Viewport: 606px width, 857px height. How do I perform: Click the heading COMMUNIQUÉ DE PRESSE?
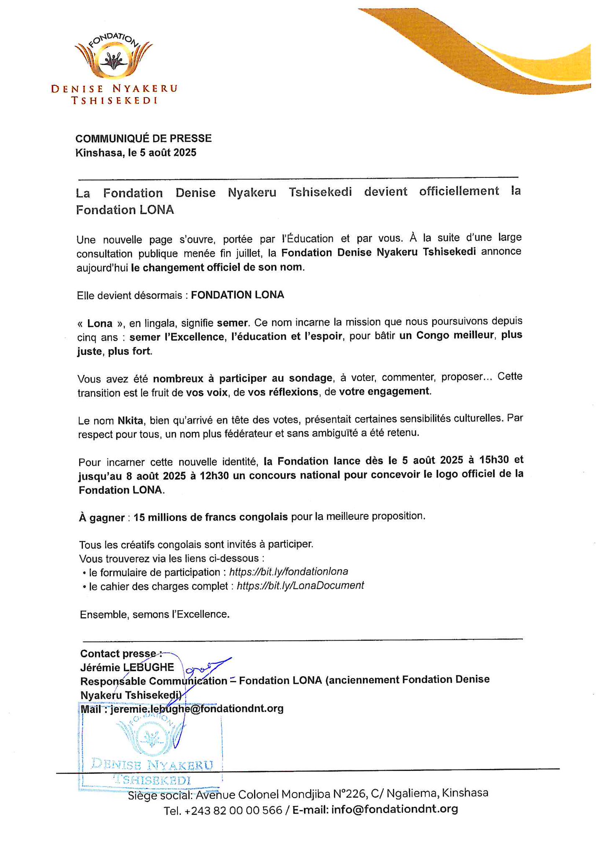(144, 138)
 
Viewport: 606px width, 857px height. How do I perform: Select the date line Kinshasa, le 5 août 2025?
(136, 153)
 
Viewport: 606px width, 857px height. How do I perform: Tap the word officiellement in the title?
(459, 192)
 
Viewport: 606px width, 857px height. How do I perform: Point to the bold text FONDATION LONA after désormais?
(237, 295)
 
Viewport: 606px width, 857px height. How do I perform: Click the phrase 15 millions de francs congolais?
(211, 517)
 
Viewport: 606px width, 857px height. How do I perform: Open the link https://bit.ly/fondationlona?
(289, 572)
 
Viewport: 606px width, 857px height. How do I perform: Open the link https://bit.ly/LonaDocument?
(300, 585)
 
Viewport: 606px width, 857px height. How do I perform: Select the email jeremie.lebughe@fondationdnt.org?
(197, 708)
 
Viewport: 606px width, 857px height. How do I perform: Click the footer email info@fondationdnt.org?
(394, 809)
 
